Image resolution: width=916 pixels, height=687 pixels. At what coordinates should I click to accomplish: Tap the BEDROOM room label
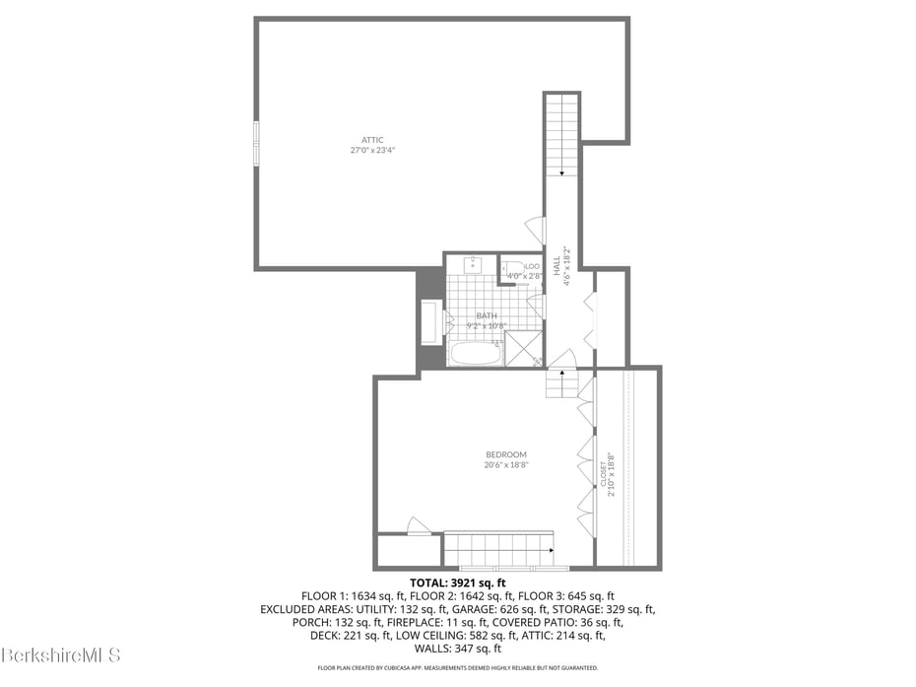pos(505,454)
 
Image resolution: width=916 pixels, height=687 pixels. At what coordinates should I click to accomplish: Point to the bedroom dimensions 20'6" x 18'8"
pos(505,465)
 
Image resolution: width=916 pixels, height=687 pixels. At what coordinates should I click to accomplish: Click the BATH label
pos(486,315)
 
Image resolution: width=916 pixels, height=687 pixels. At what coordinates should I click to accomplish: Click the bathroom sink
pos(473,263)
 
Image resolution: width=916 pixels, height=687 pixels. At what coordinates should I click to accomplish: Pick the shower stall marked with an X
pos(523,349)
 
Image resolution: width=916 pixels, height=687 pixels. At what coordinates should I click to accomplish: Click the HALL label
pos(556,265)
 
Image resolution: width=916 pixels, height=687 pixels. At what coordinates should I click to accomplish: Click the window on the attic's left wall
pos(256,143)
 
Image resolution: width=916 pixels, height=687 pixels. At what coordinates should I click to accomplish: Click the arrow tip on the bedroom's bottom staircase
pos(551,549)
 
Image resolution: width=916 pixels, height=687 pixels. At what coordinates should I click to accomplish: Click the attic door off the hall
pos(535,231)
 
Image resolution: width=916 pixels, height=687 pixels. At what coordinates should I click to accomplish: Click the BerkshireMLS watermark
pos(61,654)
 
